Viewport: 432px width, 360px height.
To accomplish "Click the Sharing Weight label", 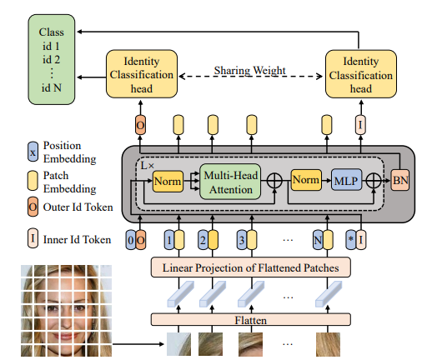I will pyautogui.click(x=250, y=70).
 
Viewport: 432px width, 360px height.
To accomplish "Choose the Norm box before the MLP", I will pyautogui.click(x=306, y=178).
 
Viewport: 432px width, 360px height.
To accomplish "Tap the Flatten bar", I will pyautogui.click(x=250, y=319).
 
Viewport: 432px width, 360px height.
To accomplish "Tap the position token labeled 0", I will pyautogui.click(x=131, y=239).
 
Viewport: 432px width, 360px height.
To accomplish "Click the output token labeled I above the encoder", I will pyautogui.click(x=360, y=125).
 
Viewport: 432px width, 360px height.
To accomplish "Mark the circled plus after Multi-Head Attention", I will pyautogui.click(x=274, y=179).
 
